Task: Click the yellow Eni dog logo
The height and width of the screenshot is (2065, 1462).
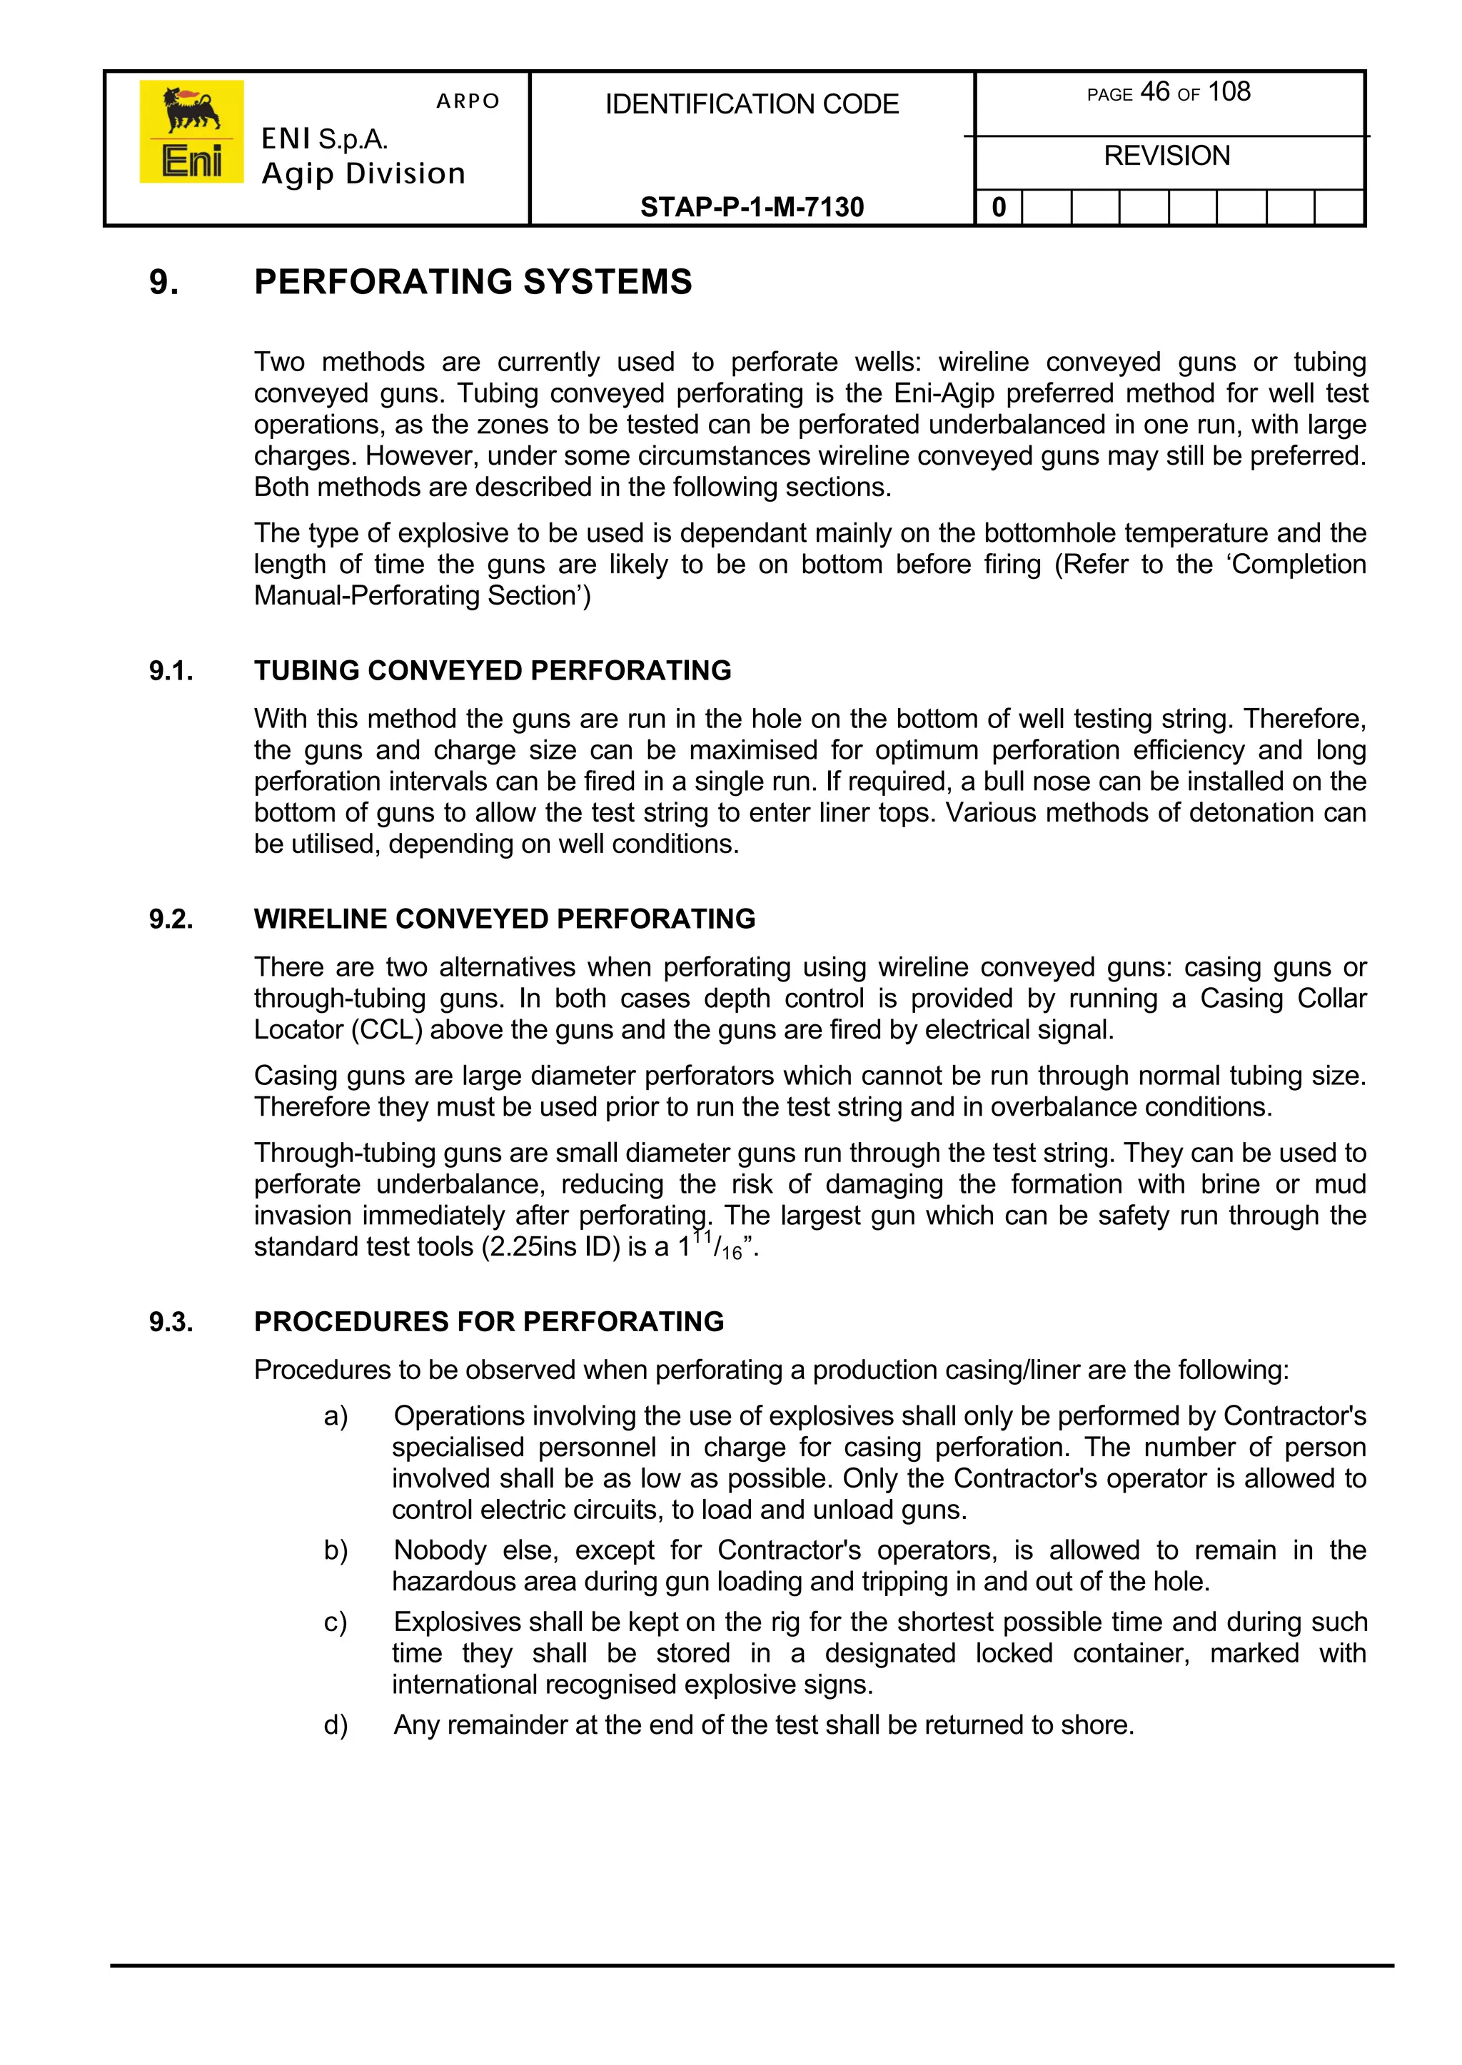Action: (x=191, y=131)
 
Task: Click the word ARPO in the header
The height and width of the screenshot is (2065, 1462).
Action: (x=468, y=101)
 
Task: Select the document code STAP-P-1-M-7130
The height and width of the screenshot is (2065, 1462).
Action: (x=752, y=207)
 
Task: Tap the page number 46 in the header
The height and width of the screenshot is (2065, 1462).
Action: (x=1154, y=92)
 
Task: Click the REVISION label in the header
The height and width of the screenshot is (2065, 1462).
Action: (x=1166, y=156)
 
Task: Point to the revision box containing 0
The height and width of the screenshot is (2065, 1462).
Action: (x=999, y=208)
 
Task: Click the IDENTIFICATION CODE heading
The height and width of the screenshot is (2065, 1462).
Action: (x=752, y=104)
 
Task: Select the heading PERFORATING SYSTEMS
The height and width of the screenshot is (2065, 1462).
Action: (x=473, y=282)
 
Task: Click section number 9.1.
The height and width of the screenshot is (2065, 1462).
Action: (x=171, y=671)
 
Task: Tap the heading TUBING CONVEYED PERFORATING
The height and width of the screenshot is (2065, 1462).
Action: (x=493, y=671)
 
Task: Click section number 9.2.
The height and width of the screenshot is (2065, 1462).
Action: (x=171, y=919)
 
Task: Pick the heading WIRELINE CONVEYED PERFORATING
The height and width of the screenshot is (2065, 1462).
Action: (x=504, y=919)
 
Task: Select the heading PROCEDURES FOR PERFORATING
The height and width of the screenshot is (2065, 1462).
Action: (x=489, y=1321)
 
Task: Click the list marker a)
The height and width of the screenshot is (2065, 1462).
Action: (x=336, y=1416)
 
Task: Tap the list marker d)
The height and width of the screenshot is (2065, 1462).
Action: (x=336, y=1725)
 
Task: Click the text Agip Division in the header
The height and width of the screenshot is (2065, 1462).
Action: (x=363, y=173)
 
